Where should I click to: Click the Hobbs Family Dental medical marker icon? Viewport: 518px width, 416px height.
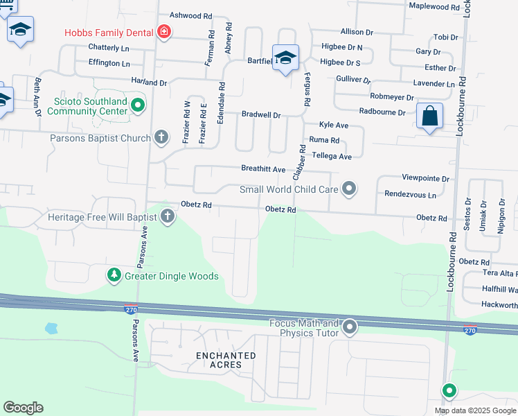(164, 31)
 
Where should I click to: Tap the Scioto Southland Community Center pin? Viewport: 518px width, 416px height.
(137, 105)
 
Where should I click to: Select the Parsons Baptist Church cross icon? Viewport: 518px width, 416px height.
(161, 137)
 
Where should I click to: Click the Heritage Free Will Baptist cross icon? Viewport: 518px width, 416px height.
(167, 218)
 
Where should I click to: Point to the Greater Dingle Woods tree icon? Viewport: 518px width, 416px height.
(114, 276)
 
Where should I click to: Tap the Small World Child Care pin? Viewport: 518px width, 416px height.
(350, 189)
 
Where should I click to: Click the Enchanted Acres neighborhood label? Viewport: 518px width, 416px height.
(225, 360)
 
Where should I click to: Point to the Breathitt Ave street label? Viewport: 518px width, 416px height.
(263, 169)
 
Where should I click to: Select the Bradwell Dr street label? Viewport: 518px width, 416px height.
(261, 115)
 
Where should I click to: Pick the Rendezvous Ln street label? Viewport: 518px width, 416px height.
(411, 195)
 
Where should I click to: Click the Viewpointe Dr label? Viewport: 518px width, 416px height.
(425, 178)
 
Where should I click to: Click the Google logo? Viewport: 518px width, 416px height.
(23, 408)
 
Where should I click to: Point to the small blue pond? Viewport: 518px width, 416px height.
(51, 327)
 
